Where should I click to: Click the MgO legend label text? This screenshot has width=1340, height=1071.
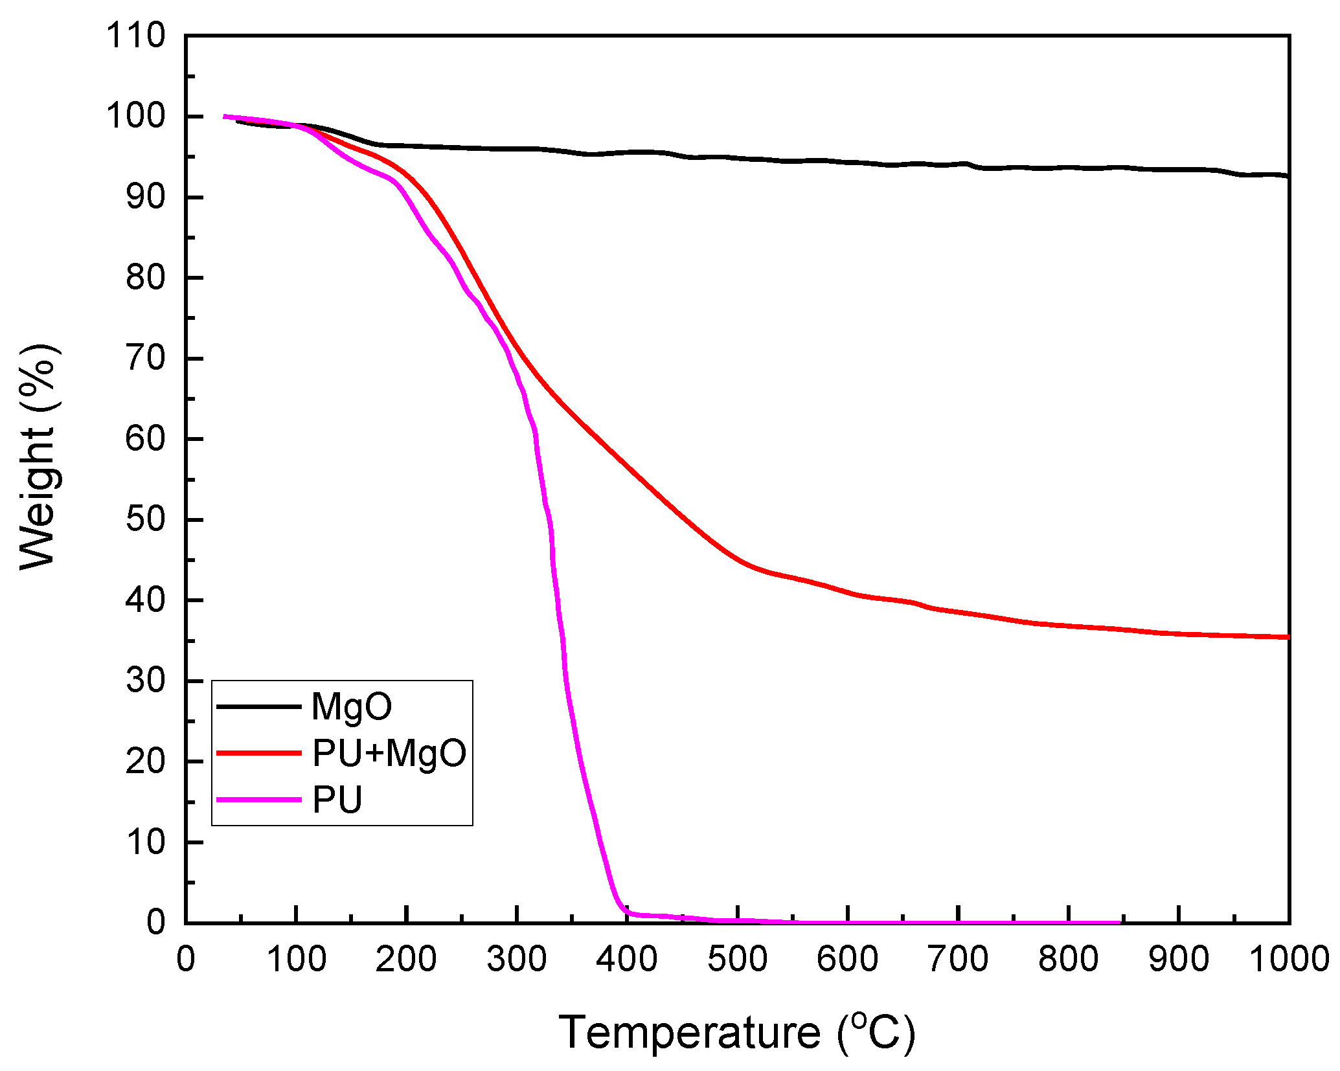tap(351, 706)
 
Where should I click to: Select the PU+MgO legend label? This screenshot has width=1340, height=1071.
tap(389, 753)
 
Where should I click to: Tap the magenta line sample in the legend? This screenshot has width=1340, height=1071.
tap(259, 800)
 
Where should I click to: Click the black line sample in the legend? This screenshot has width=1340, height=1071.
tap(259, 706)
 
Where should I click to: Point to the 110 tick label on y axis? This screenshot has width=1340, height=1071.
tap(136, 36)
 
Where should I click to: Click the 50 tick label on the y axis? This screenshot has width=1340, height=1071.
tap(146, 519)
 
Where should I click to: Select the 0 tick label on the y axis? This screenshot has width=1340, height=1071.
tap(156, 922)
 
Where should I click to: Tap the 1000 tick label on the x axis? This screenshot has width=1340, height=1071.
tap(1288, 959)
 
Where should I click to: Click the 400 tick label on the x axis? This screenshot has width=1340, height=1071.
tap(626, 959)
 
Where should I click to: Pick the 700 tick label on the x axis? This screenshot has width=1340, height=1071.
tap(958, 959)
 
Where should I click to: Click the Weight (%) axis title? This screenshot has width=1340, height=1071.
tap(39, 457)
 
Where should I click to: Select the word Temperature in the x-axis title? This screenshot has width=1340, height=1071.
tap(689, 1032)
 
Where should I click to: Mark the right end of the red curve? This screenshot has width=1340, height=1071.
tap(1288, 637)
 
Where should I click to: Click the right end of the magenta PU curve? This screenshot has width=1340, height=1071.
tap(1119, 922)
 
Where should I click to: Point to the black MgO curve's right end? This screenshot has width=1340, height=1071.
tap(1287, 176)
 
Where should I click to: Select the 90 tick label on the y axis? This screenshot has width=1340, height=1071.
tap(146, 197)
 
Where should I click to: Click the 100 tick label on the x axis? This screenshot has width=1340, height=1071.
tap(296, 959)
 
